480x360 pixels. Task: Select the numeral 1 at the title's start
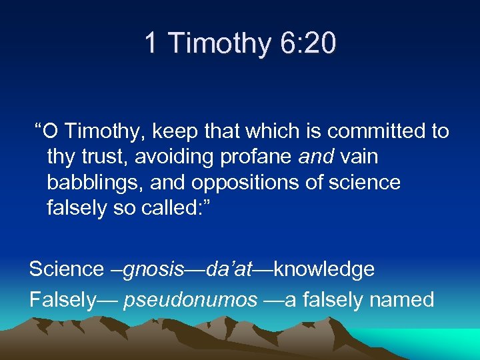151,44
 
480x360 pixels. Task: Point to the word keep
173,131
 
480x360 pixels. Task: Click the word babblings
93,182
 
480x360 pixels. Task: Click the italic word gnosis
153,269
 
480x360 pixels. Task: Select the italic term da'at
229,269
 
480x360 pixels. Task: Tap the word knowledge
324,269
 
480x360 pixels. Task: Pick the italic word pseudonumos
190,300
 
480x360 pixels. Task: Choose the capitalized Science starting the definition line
66,269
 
